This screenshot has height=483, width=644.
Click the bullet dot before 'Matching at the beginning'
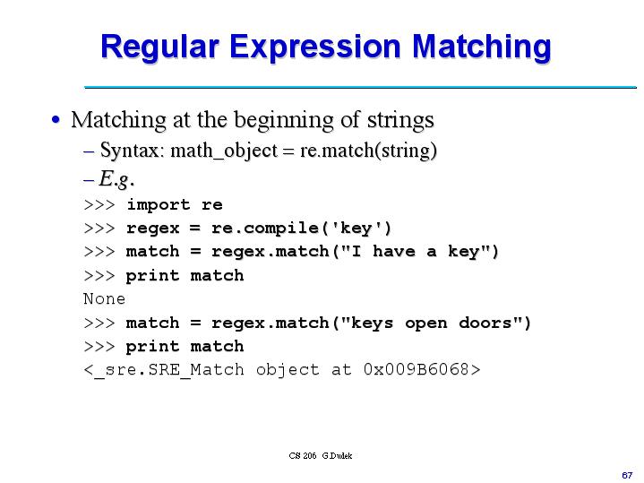pos(57,120)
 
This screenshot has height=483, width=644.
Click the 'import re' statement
pos(174,204)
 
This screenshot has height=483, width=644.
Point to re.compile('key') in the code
pos(302,228)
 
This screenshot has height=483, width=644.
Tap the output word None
pos(104,298)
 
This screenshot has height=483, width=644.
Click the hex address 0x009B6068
pos(416,369)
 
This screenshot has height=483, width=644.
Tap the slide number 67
pos(627,472)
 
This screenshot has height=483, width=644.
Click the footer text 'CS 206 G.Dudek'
pos(321,455)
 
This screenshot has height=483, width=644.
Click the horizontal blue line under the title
pos(358,87)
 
